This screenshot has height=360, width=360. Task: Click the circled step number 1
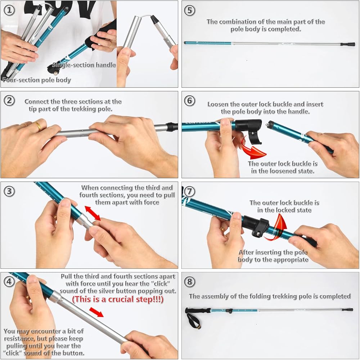click(9, 10)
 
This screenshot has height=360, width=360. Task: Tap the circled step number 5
click(190, 10)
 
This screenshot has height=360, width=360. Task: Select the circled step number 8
click(190, 281)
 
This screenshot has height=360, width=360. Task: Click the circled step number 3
click(9, 191)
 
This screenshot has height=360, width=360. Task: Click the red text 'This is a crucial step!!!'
click(118, 299)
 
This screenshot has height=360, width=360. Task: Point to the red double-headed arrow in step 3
click(93, 213)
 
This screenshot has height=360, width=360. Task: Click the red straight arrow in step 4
click(96, 312)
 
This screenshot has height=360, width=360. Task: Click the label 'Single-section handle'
click(84, 65)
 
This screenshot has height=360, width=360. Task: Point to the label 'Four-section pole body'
click(37, 80)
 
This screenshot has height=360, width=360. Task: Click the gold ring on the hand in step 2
click(37, 125)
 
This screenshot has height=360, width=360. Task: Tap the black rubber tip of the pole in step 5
click(348, 44)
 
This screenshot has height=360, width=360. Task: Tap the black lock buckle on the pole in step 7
click(256, 226)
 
